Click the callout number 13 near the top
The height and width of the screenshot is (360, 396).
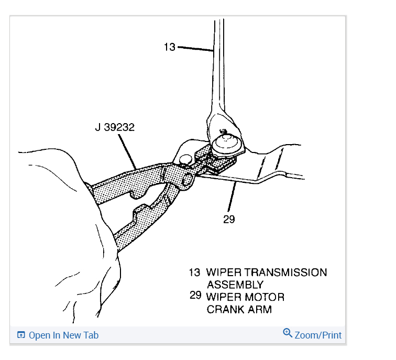point(169,47)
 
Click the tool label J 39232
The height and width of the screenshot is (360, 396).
point(115,127)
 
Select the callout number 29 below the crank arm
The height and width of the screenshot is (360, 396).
point(229,219)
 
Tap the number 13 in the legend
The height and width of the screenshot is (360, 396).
point(194,272)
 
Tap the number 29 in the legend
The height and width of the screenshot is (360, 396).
point(195,296)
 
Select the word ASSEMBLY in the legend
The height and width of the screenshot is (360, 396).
point(235,285)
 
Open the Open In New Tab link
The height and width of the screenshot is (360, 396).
point(63,335)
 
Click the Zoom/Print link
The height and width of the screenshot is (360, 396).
point(318,335)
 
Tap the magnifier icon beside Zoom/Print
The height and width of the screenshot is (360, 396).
point(287,333)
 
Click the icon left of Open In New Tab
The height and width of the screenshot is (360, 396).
point(21,335)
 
